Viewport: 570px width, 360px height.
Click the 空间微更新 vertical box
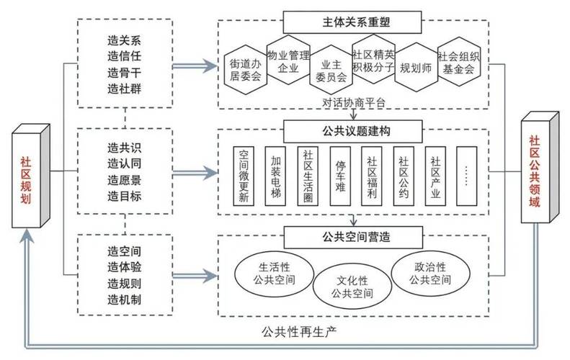[x=244, y=177]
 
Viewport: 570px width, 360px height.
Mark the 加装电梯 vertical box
[x=276, y=177]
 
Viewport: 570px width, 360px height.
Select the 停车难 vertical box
[x=340, y=177]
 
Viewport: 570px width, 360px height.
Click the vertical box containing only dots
[x=467, y=177]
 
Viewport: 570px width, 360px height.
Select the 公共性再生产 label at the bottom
[x=299, y=332]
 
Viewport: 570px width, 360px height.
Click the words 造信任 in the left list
[x=124, y=55]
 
